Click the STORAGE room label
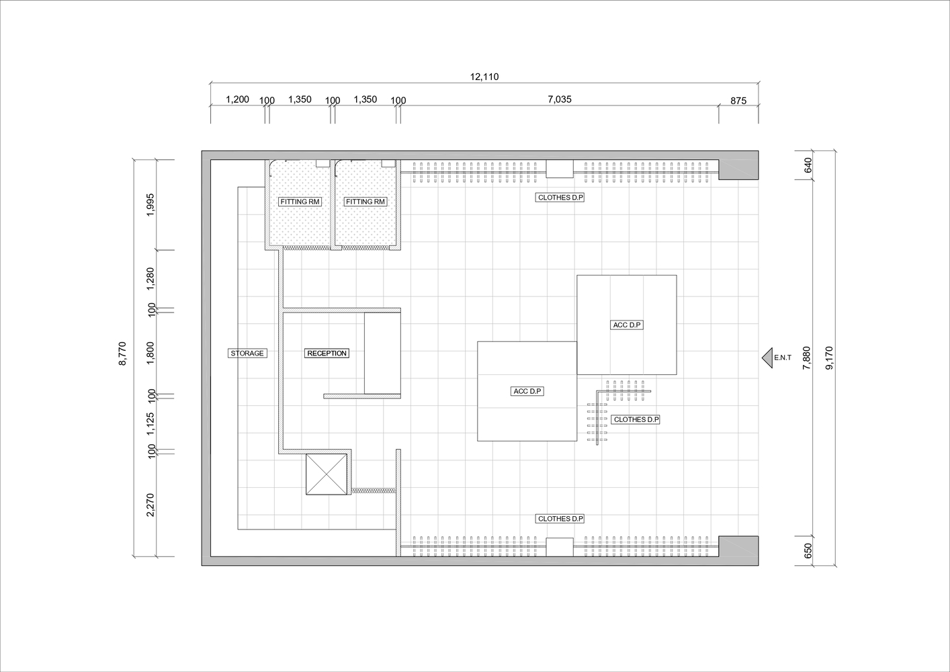[247, 353]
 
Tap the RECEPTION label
[327, 353]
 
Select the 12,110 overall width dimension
[484, 77]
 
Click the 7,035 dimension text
[560, 99]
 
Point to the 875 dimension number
[738, 101]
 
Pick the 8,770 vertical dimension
[122, 353]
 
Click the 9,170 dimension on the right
[829, 358]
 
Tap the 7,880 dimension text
[806, 358]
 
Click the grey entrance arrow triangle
[767, 358]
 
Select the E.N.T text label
[783, 358]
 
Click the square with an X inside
[327, 474]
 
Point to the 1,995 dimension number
[150, 205]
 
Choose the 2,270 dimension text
[150, 505]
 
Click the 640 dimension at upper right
[808, 165]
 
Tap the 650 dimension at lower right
[808, 550]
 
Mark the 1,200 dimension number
[238, 99]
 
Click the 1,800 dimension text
[150, 353]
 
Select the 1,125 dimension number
[150, 424]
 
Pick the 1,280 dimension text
[150, 279]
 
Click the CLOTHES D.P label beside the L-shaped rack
[636, 419]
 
